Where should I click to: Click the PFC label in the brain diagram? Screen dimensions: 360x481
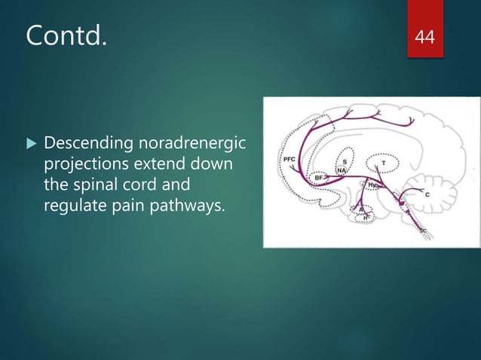tap(288, 160)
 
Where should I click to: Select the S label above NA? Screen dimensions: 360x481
tap(345, 160)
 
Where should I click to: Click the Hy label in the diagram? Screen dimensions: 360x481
tap(372, 184)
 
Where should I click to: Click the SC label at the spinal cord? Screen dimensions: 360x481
tap(424, 233)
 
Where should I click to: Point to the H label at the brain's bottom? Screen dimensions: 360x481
tap(366, 218)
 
